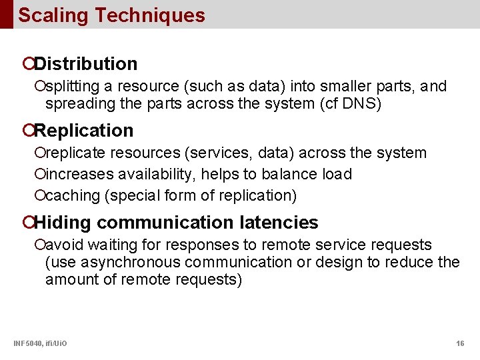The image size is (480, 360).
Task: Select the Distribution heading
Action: tap(85, 64)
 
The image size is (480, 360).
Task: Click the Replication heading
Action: tap(83, 131)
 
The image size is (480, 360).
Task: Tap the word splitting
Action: tap(68, 87)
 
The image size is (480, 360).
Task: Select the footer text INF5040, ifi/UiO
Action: tap(40, 343)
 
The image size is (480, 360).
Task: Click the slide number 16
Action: tap(460, 343)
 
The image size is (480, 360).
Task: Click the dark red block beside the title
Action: tap(6, 14)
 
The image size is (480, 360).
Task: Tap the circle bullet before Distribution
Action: tap(28, 65)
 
